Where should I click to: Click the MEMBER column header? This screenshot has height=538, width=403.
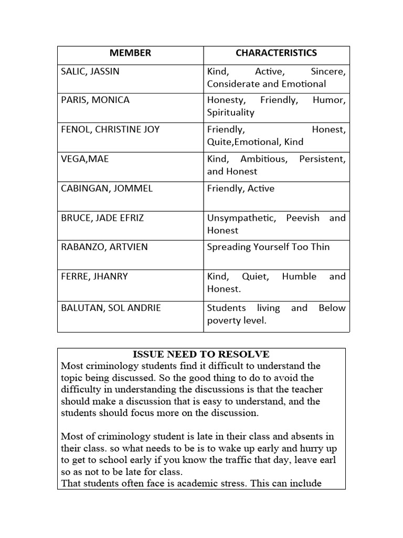coord(130,53)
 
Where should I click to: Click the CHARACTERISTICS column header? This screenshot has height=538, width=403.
coord(276,53)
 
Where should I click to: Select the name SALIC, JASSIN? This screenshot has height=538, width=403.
coord(90,71)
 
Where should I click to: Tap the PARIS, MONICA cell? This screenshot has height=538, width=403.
coord(95,100)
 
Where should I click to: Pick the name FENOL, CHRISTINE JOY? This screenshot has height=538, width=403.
coord(110,129)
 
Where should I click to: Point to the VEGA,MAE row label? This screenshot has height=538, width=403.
coord(85,159)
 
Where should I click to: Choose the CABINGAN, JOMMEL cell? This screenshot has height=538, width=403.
coord(107,188)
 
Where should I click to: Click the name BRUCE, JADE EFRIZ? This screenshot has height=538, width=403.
coord(103,218)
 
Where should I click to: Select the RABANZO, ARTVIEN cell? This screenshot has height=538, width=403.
coord(104,247)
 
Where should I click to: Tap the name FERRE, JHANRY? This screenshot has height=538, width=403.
coord(94,276)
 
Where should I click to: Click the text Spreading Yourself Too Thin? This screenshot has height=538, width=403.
coord(268,247)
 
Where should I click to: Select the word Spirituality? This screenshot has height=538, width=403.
coord(230,112)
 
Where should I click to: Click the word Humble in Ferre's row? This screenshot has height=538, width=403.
coord(299,276)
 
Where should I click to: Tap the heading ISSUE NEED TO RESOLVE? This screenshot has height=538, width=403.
coord(201,355)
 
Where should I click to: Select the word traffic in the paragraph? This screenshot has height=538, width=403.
coord(257,460)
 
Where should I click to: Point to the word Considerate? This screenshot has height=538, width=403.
coord(232,84)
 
